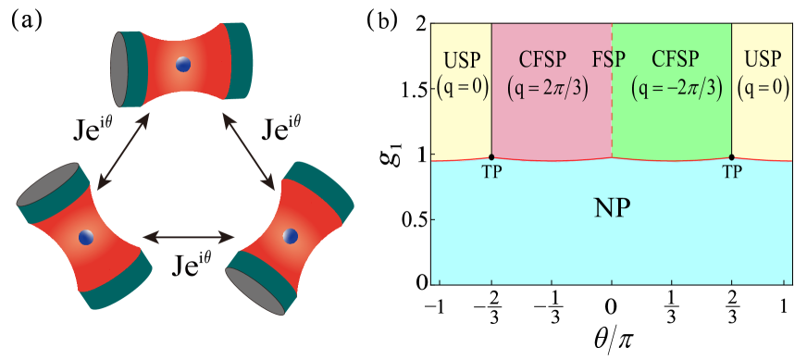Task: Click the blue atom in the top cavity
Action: pyautogui.click(x=183, y=65)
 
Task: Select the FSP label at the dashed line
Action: pyautogui.click(x=610, y=60)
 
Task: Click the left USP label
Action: pyautogui.click(x=462, y=60)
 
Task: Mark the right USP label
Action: pyautogui.click(x=763, y=60)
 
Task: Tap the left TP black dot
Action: pyautogui.click(x=491, y=157)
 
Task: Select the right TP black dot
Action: pyautogui.click(x=732, y=157)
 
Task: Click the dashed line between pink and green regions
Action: pyautogui.click(x=612, y=120)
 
